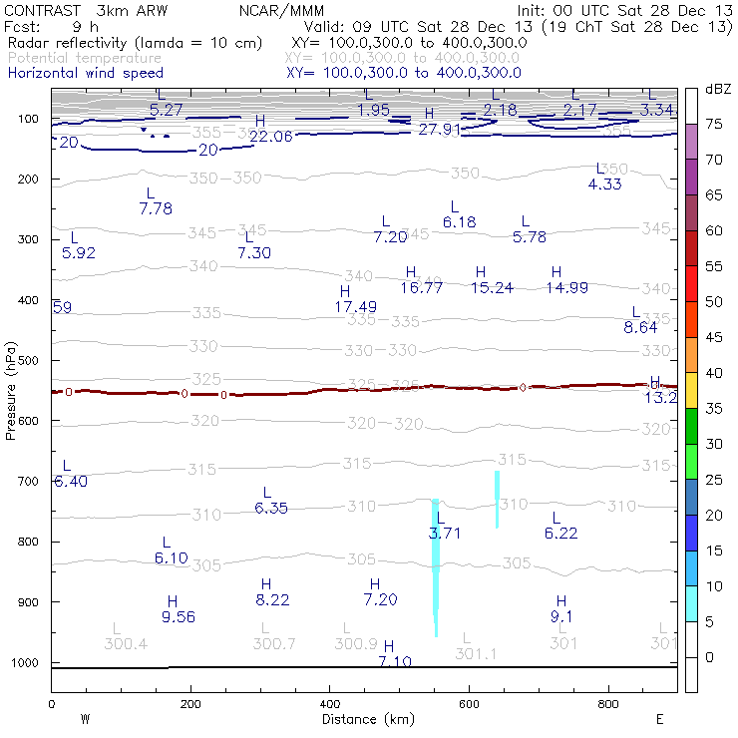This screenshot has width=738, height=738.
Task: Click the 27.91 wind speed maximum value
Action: click(x=439, y=130)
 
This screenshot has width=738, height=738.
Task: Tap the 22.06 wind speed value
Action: click(x=271, y=137)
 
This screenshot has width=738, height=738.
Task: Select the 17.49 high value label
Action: click(x=356, y=307)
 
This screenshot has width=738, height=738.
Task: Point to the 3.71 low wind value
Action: click(x=445, y=534)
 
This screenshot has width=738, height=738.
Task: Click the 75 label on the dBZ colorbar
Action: click(x=713, y=125)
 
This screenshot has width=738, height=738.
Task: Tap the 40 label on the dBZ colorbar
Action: click(x=713, y=373)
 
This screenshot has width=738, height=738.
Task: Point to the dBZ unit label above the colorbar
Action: click(x=717, y=89)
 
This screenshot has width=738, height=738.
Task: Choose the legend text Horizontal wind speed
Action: click(x=86, y=73)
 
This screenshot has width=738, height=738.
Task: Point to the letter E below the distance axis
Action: click(x=659, y=719)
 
